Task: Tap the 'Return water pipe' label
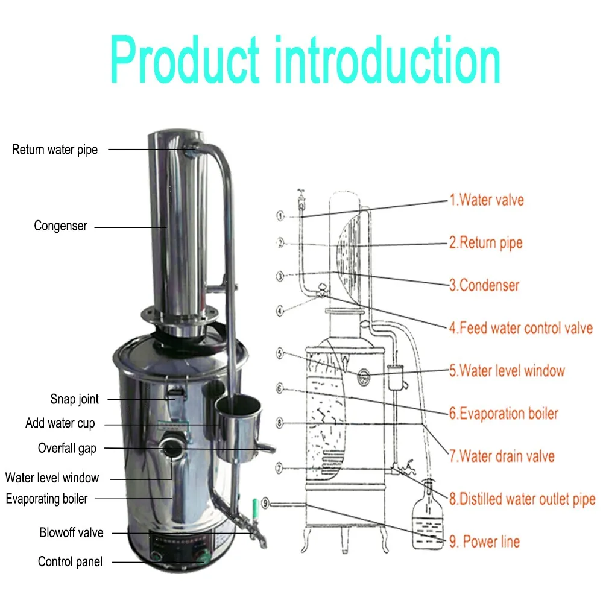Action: [x=54, y=150]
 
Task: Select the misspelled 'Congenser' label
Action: [x=60, y=226]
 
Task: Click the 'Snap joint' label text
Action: [x=74, y=399]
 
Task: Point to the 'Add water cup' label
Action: [x=60, y=423]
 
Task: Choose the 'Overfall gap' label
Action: [x=67, y=448]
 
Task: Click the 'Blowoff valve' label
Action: [x=71, y=533]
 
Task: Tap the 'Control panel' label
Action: [x=70, y=562]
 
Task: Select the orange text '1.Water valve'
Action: [x=487, y=200]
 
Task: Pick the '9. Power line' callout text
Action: [x=484, y=541]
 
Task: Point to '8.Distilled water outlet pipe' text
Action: [x=522, y=499]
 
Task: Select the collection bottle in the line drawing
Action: [x=429, y=516]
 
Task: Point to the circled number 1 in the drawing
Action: [x=280, y=215]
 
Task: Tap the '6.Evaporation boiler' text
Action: [x=504, y=414]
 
